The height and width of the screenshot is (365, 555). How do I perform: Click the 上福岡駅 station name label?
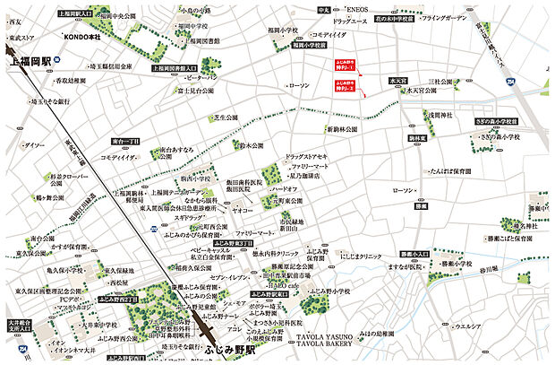click(28, 62)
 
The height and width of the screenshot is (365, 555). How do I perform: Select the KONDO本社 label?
click(82, 35)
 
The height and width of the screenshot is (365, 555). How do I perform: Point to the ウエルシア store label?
click(479, 327)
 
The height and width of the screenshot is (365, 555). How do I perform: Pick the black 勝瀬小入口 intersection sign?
click(416, 255)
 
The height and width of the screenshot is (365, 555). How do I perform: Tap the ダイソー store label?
click(35, 145)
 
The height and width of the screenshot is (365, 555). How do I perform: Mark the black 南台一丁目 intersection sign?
click(126, 142)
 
